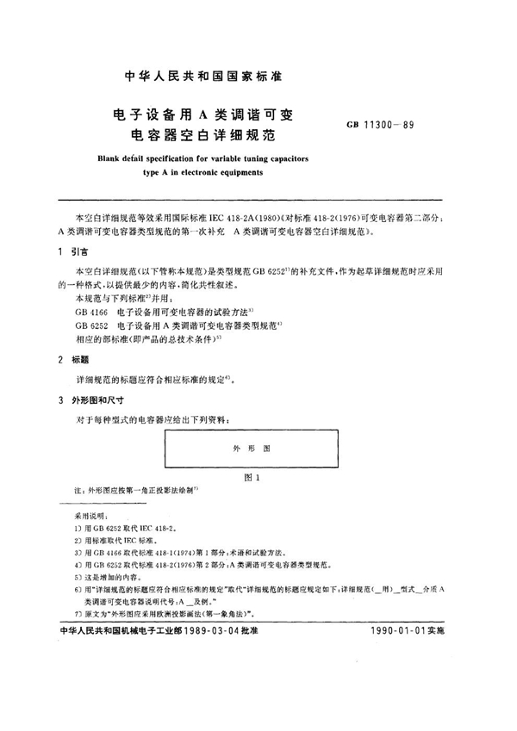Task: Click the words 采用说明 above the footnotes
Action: click(89, 510)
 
